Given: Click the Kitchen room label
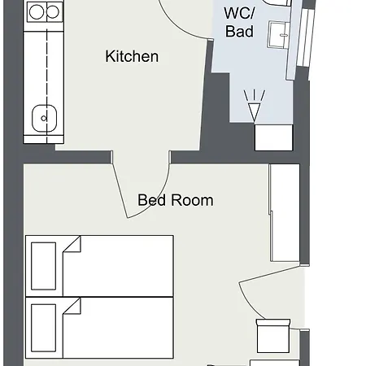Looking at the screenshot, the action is [x=132, y=56].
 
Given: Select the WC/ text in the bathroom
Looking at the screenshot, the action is [x=240, y=13].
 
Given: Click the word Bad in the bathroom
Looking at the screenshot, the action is [x=240, y=31].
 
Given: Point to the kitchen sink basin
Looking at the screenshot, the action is [x=45, y=119].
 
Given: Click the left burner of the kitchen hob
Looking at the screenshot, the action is [x=37, y=12].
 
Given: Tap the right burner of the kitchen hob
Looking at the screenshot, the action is [x=53, y=12].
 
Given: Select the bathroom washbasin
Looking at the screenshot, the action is [x=279, y=35].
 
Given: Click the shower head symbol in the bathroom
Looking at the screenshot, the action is [x=255, y=106].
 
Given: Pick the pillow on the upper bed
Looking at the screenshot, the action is [x=44, y=266].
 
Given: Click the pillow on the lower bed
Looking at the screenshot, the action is [x=44, y=328].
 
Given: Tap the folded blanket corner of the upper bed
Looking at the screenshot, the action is [x=72, y=244].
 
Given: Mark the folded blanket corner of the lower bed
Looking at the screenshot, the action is [x=72, y=306].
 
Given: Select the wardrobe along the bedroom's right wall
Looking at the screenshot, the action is [x=285, y=212].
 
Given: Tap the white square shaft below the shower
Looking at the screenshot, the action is [x=274, y=137].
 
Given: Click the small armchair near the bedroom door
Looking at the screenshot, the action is [x=273, y=336].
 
